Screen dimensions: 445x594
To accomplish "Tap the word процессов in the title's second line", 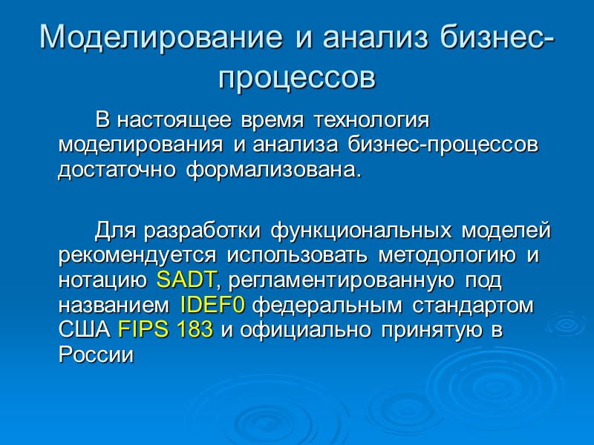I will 297,76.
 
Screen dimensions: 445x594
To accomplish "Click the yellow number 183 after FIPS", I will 195,330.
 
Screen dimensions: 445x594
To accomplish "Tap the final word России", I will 96,355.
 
